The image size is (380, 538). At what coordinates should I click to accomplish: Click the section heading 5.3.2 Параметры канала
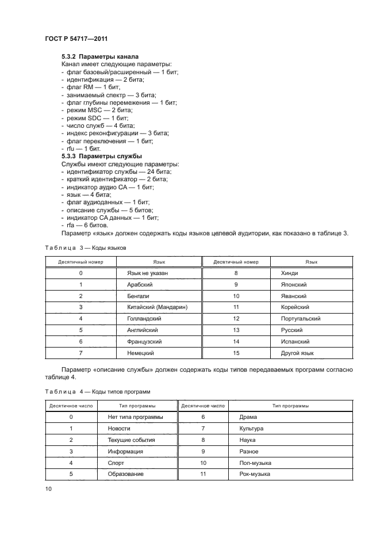point(99,57)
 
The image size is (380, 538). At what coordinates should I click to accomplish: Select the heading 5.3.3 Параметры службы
point(101,156)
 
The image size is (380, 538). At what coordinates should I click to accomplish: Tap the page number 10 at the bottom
point(48,489)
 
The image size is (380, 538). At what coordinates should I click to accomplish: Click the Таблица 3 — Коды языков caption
point(85,247)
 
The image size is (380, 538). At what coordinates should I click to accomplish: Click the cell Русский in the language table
point(291,330)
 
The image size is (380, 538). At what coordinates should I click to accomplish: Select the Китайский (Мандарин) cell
point(157,307)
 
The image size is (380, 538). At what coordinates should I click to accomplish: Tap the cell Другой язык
point(297,353)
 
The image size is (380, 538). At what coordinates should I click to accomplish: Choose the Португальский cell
point(300,318)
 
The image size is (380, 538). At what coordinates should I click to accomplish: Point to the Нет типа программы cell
point(135,417)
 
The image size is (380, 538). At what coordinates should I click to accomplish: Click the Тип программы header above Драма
point(290,406)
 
